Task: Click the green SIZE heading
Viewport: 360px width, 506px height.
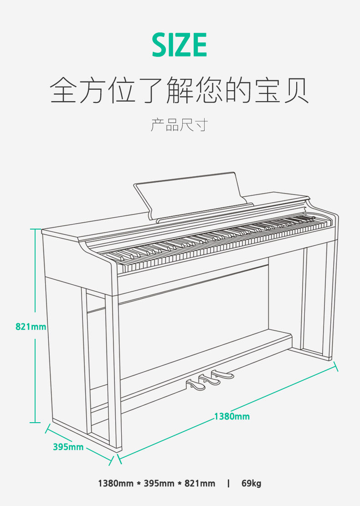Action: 180,45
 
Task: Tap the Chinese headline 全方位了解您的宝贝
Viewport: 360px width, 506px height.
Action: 180,90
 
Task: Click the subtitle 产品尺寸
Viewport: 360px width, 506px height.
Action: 179,124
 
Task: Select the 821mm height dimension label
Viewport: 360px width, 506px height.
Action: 31,327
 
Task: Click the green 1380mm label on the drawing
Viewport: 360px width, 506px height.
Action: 232,416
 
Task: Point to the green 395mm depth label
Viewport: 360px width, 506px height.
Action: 68,447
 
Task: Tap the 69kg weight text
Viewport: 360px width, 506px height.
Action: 251,483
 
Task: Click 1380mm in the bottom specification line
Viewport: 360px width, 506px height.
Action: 116,483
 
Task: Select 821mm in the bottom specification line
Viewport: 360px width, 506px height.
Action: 200,483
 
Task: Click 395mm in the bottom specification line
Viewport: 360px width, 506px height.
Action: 159,483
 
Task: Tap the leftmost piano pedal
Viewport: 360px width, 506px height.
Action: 197,385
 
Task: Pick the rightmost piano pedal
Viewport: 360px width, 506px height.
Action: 223,375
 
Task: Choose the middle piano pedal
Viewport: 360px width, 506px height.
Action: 210,380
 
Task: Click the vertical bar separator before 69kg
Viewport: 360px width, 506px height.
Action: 228,483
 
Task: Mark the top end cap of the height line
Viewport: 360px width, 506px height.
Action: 35,229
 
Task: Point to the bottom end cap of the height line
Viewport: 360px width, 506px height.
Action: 35,423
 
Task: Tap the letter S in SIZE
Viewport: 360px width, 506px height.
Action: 160,45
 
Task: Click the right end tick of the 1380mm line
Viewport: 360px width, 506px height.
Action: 336,366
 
